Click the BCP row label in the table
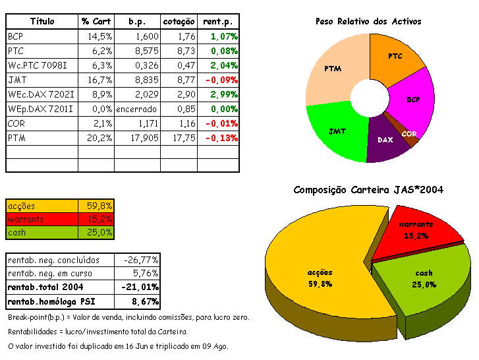pos(16,36)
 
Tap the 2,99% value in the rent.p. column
pos(224,94)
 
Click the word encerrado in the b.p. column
pos(136,109)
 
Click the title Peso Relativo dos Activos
pos(368,21)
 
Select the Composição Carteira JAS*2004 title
pos(368,190)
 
